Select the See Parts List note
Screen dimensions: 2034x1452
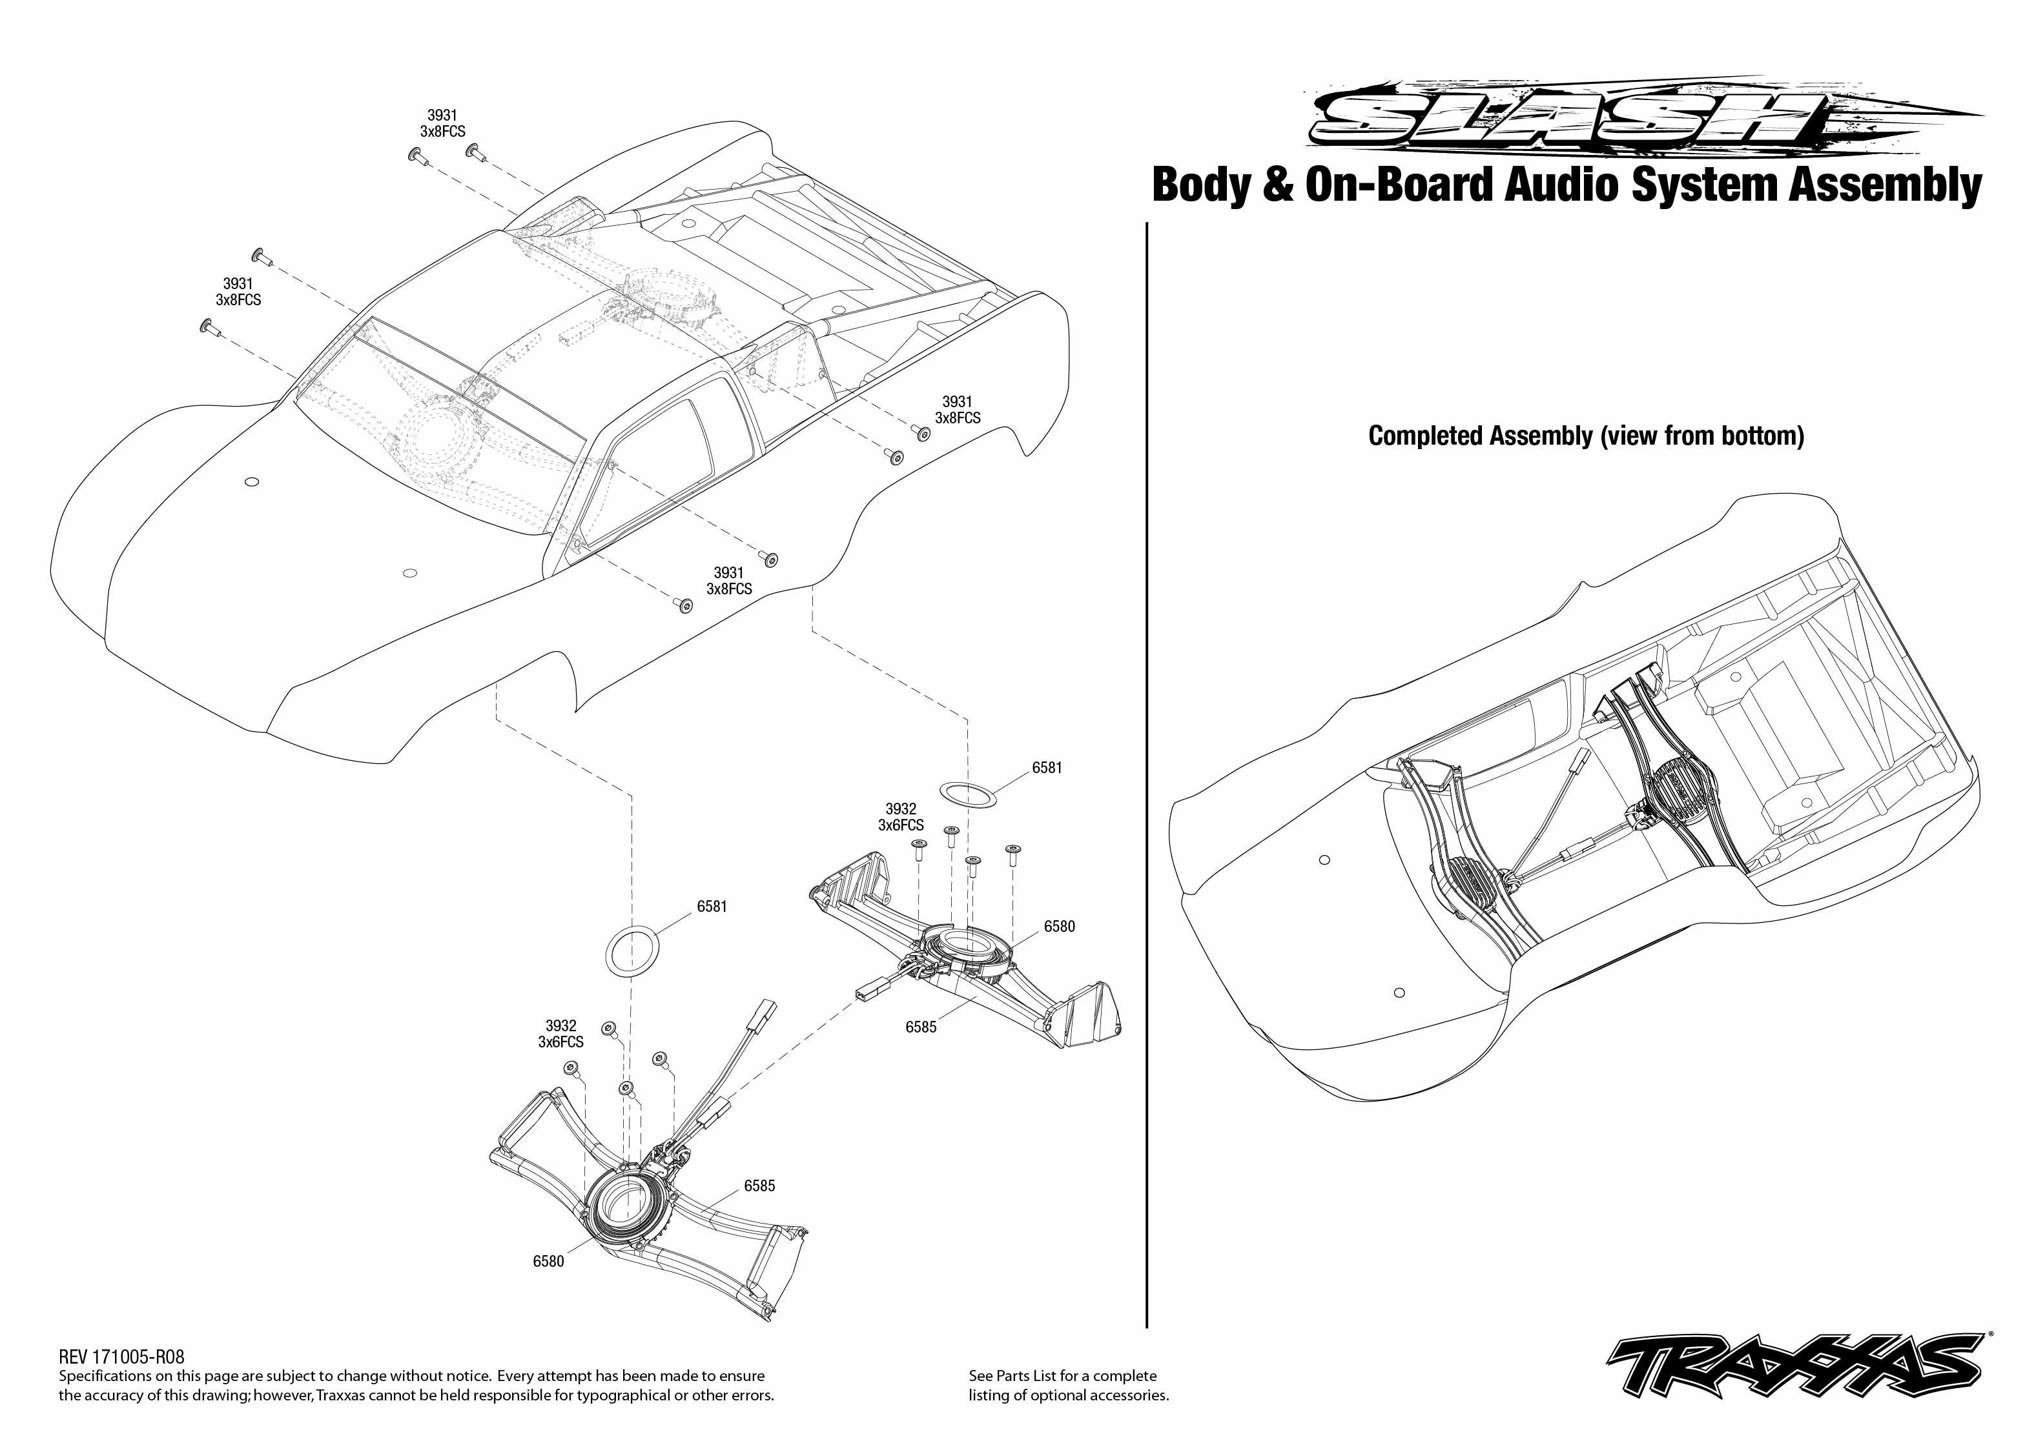point(1068,1385)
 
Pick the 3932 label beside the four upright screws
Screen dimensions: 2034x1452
point(901,809)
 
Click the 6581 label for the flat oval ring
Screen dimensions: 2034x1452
point(1047,768)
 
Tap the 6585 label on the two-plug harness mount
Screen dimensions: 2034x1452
point(759,1185)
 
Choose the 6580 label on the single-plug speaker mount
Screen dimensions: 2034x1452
point(1059,926)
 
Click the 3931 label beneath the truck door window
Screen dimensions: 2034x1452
point(728,573)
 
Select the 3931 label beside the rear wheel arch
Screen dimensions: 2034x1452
point(957,402)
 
